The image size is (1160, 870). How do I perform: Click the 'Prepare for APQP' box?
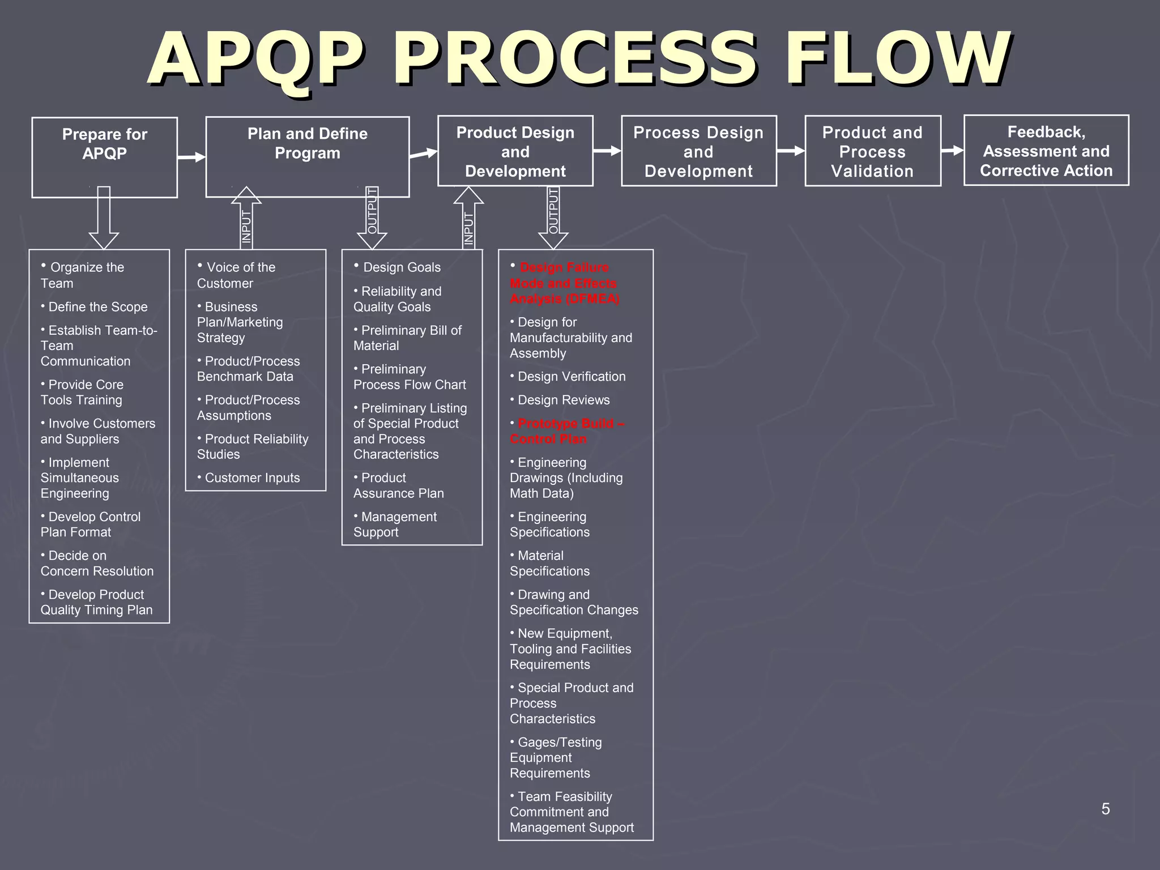(104, 157)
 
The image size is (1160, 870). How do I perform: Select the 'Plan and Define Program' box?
(307, 156)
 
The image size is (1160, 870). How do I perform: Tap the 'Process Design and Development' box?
(698, 151)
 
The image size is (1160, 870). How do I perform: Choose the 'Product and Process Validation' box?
(872, 151)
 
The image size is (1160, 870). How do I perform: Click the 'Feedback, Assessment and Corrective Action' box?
(1046, 151)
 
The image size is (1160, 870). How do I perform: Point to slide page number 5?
(1105, 809)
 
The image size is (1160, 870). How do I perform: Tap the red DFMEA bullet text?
(564, 283)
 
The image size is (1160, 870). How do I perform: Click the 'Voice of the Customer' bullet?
(237, 275)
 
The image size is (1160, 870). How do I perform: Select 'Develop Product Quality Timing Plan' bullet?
(96, 602)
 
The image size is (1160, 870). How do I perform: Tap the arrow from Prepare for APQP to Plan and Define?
(191, 157)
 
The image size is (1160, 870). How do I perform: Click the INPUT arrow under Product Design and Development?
(468, 218)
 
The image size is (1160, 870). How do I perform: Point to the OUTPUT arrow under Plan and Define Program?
(372, 218)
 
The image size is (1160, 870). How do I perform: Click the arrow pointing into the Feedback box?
(952, 151)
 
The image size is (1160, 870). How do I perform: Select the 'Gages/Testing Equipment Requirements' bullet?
(557, 757)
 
